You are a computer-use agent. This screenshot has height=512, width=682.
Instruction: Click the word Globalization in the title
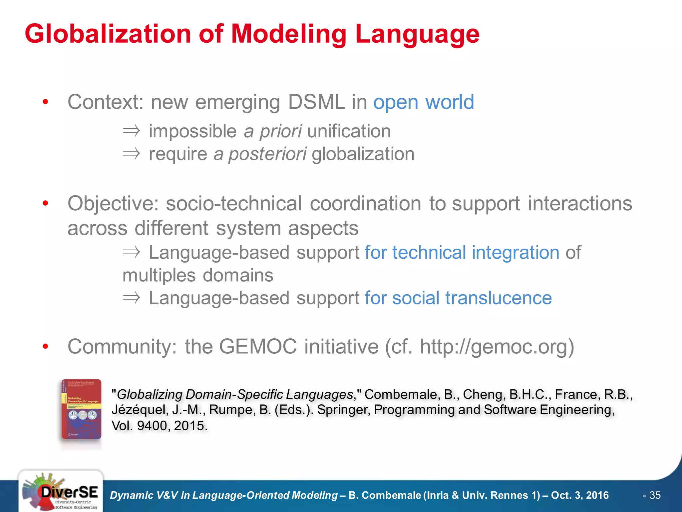click(x=108, y=34)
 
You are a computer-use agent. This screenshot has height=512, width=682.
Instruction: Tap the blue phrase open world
click(x=423, y=102)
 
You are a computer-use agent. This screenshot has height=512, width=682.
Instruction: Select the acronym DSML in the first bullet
click(x=316, y=102)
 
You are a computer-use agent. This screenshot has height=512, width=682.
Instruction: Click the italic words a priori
click(x=273, y=131)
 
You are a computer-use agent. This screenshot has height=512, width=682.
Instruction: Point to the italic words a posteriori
click(x=260, y=154)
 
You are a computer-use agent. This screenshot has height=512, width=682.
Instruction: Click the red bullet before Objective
click(x=46, y=203)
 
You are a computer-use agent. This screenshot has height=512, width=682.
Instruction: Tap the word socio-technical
click(x=234, y=203)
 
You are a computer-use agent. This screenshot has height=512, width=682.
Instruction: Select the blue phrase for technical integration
click(x=462, y=252)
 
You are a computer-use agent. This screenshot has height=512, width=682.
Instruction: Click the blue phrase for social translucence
click(x=458, y=298)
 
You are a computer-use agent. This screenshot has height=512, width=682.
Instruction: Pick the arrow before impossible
click(x=131, y=131)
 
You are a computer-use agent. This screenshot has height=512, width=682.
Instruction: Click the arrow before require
click(x=131, y=154)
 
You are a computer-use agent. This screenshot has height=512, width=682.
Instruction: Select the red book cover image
click(x=81, y=409)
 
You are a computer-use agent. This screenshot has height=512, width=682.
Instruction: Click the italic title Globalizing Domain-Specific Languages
click(x=234, y=394)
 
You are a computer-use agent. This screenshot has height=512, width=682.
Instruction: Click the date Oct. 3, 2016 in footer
click(x=579, y=495)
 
